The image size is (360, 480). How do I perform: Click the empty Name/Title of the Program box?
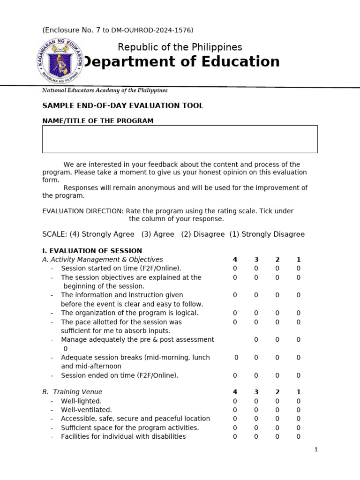click(x=180, y=139)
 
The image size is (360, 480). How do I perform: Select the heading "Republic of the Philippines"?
click(x=180, y=47)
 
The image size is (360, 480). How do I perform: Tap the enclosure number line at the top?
click(x=118, y=30)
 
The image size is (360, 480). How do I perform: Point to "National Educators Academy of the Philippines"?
click(x=105, y=90)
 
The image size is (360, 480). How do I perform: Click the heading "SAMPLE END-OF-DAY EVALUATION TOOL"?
click(x=123, y=106)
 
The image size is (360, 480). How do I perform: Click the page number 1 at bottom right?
click(x=316, y=450)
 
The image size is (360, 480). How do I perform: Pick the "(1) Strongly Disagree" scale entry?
click(x=267, y=234)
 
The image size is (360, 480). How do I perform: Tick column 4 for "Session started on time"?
click(x=235, y=269)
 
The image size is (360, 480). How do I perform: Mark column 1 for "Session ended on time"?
click(x=298, y=375)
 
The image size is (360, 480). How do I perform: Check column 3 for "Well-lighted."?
click(x=256, y=401)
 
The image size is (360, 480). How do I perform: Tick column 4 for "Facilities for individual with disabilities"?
click(x=235, y=437)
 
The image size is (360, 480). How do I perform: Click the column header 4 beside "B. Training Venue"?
click(x=235, y=392)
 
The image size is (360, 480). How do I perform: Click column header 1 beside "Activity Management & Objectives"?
click(x=298, y=260)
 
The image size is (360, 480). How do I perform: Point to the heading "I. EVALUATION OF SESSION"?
click(x=92, y=251)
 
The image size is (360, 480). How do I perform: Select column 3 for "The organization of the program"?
click(x=256, y=313)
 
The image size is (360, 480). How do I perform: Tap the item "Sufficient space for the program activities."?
click(x=130, y=428)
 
